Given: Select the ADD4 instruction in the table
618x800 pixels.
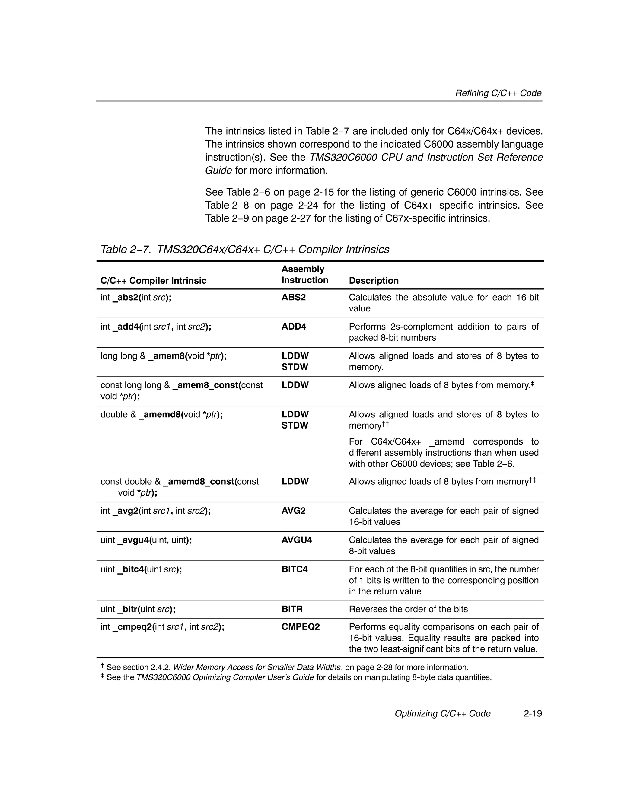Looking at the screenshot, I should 293,327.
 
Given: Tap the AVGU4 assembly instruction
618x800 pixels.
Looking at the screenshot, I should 296,540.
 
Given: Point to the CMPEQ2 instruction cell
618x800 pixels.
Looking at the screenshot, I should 300,627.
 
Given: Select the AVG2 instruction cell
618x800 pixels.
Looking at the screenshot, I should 293,511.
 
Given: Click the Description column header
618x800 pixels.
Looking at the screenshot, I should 373,281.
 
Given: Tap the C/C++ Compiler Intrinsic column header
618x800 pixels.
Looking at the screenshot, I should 153,281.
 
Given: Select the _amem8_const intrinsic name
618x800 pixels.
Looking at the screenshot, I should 206,385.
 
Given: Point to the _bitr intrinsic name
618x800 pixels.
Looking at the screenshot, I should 129,609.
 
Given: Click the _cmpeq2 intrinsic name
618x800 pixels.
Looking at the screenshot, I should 133,627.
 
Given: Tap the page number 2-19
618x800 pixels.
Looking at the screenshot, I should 532,714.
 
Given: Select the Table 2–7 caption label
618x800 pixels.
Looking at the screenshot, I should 125,250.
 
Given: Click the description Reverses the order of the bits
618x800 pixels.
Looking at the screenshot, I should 408,609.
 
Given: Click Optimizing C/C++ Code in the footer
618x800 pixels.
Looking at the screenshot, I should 442,714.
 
